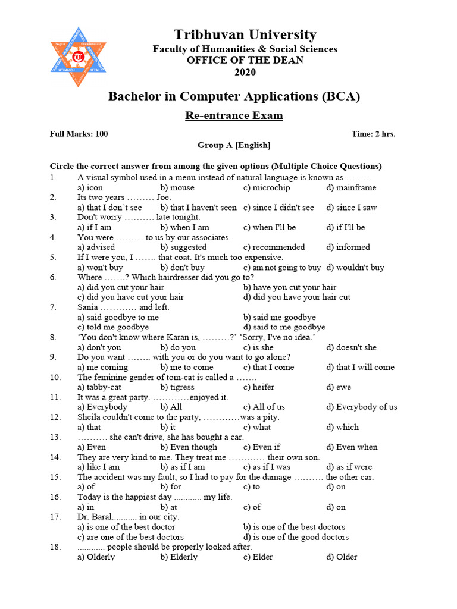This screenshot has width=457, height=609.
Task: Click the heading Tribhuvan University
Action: [245, 34]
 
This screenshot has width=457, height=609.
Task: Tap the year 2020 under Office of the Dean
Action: [245, 72]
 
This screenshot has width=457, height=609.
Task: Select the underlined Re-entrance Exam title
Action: [234, 115]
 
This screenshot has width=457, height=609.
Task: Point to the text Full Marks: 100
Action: [79, 134]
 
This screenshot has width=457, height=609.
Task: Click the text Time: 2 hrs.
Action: [373, 134]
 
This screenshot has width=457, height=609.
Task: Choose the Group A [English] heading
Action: [234, 145]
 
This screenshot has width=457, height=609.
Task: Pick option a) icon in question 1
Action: [90, 187]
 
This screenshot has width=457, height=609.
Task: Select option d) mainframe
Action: [351, 187]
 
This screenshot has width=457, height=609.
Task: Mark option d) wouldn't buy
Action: [355, 268]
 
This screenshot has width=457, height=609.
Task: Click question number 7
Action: [53, 307]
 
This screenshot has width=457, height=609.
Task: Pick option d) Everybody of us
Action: [361, 407]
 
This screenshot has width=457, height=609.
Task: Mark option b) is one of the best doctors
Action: [294, 526]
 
